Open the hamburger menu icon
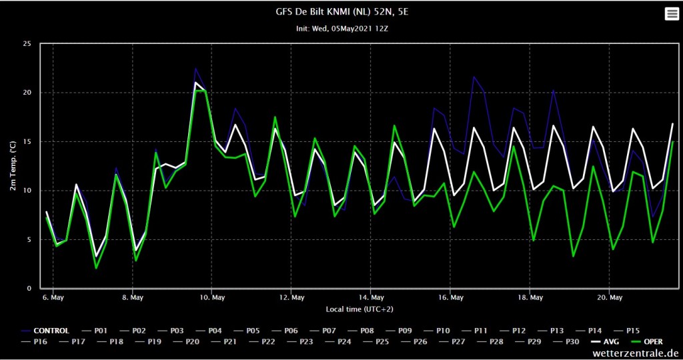point(672,14)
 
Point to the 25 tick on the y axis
point(27,43)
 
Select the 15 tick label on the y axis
point(27,141)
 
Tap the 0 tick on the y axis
point(29,288)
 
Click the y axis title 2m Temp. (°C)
point(13,165)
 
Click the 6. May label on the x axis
point(53,298)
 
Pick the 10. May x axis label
point(211,298)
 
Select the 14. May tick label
point(371,298)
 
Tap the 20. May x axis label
point(609,298)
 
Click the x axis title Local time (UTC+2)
point(360,309)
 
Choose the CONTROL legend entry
point(45,331)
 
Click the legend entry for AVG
point(604,342)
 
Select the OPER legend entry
point(646,342)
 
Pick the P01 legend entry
point(95,331)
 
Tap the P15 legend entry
point(627,331)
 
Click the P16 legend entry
point(35,342)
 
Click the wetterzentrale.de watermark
point(635,353)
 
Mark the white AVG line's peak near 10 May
point(195,82)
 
